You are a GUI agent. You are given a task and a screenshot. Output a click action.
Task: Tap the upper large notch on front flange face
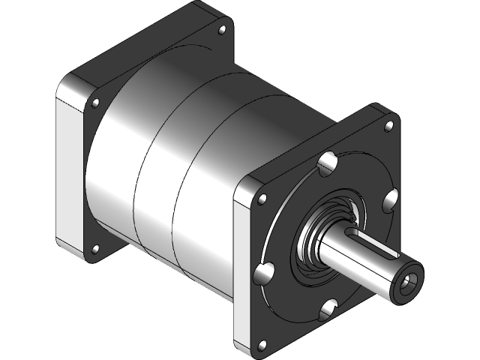click(327, 163)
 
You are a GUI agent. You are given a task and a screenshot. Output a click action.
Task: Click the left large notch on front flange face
click(265, 274)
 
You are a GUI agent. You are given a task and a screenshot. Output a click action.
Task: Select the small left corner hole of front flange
click(262, 199)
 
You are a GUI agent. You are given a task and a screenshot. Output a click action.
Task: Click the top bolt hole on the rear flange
click(221, 31)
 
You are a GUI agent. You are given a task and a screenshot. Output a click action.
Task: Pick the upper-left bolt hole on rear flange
click(95, 102)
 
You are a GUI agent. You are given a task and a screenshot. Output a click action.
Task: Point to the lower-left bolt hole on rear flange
click(94, 249)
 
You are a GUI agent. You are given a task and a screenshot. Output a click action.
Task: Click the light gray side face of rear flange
click(71, 172)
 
